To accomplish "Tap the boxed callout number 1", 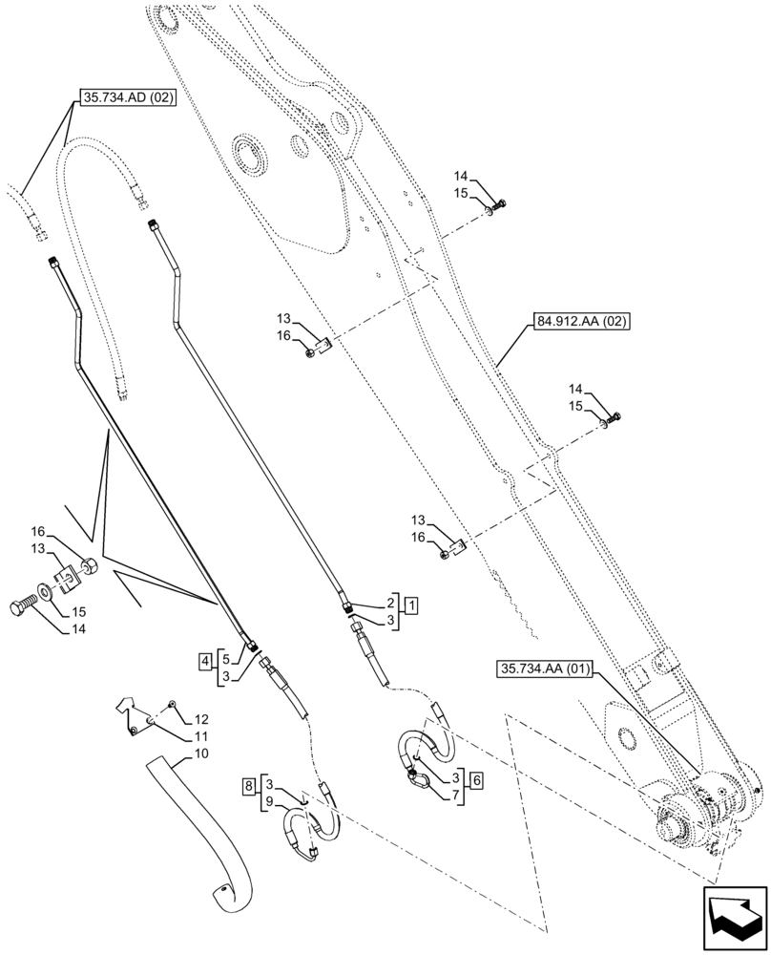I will (x=409, y=605).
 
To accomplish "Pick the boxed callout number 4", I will (x=205, y=659).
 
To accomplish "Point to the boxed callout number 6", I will (x=474, y=780).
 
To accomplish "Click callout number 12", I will (x=201, y=718).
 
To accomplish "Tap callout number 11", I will (x=200, y=738).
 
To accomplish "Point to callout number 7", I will (x=456, y=795).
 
